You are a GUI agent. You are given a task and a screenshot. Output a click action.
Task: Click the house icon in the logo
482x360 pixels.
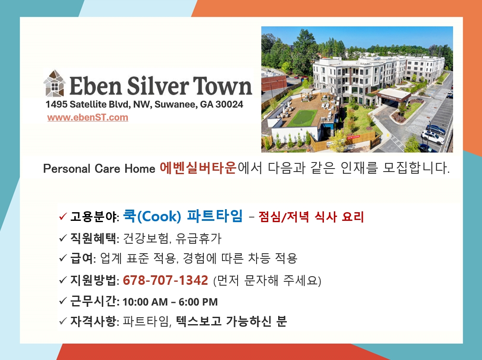coord(54,83)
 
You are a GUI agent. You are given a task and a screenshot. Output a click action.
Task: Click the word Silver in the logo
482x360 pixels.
coord(157,86)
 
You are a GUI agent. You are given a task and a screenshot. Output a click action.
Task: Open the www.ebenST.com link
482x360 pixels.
coord(88,117)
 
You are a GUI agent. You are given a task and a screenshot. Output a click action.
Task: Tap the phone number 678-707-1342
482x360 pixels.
coord(165,280)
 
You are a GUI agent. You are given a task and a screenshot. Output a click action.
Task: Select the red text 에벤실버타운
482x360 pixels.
coord(198,168)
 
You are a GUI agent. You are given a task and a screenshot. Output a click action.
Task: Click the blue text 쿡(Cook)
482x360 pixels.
coord(152,216)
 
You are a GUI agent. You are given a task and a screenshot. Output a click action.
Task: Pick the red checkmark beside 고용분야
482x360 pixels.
coord(63,217)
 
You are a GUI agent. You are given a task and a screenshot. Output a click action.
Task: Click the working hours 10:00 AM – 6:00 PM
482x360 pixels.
coord(170,302)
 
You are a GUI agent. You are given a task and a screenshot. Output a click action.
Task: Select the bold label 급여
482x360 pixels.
coord(81,258)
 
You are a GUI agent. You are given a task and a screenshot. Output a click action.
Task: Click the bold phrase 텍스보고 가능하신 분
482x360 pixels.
coord(231,321)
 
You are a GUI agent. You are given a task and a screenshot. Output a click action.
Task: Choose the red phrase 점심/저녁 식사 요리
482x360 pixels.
coord(311,217)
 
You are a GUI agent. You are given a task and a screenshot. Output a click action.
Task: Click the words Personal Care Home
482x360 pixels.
coord(99,169)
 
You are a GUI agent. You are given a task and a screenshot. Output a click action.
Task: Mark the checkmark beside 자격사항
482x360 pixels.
coord(63,321)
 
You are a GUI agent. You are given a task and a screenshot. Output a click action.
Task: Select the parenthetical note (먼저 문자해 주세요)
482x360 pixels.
coord(267,280)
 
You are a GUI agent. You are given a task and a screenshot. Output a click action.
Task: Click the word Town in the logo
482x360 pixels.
coord(222,86)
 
